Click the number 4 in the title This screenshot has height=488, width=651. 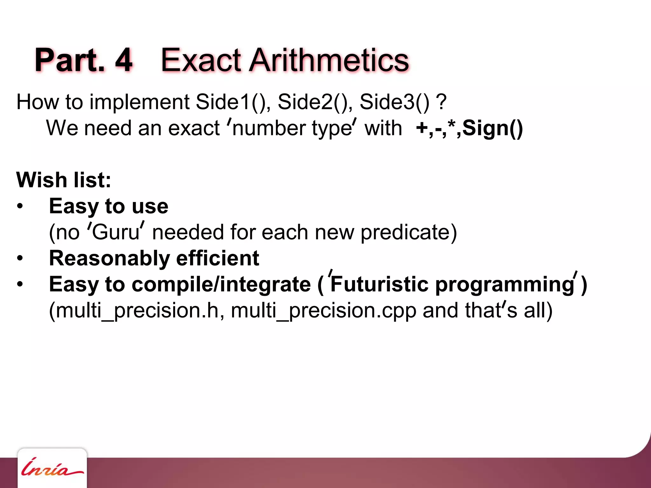[x=124, y=60]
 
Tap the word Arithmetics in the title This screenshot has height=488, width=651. [x=329, y=60]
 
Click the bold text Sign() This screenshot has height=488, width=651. [x=492, y=128]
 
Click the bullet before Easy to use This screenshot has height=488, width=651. [x=20, y=207]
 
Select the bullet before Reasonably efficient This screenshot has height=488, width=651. [x=20, y=258]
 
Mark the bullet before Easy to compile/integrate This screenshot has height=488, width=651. [x=20, y=284]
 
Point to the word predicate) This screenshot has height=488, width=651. [x=409, y=232]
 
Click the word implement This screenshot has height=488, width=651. [x=140, y=102]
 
